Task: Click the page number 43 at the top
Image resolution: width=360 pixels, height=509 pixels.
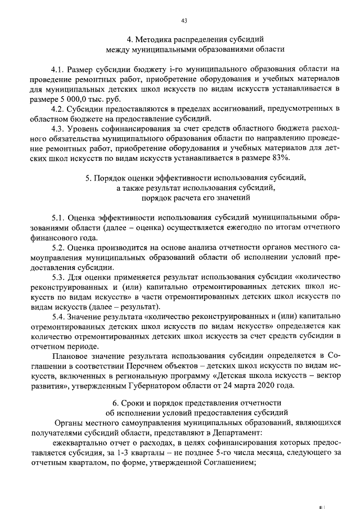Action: [x=184, y=21]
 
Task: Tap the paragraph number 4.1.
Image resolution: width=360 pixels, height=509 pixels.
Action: [x=57, y=70]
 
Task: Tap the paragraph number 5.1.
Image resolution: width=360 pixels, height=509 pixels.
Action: [x=57, y=217]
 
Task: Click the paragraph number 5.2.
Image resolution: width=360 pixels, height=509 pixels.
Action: [x=57, y=247]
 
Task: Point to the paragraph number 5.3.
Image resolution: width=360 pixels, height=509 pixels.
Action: [x=57, y=277]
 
